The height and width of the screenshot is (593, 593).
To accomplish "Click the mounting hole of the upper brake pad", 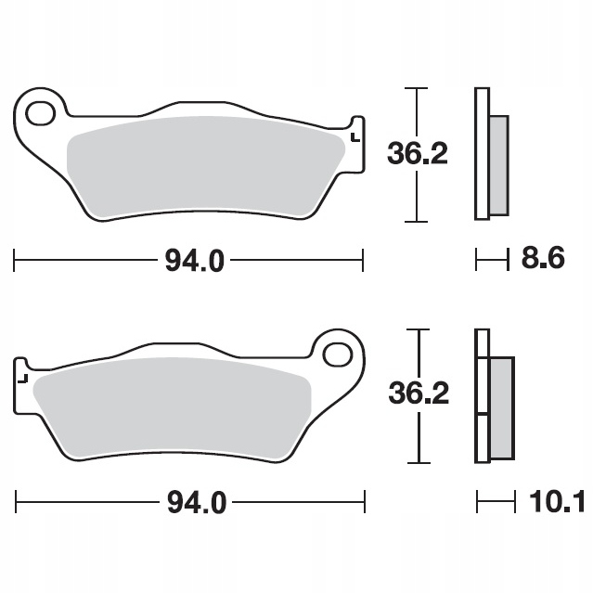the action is pos(41,113).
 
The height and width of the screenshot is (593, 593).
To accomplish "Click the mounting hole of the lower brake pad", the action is pos(338,355).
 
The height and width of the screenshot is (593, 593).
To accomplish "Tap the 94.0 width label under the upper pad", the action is pos(194,261).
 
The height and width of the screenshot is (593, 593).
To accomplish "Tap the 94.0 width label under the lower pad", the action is pos(197,503).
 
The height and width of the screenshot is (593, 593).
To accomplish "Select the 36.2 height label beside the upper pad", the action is pos(418,153).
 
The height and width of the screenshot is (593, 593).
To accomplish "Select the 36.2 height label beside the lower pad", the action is pos(419,393).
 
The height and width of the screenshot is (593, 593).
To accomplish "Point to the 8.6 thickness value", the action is pos(543,258).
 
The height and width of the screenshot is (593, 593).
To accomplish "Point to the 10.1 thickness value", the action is pos(557,501).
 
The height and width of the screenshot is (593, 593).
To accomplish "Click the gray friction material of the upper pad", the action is pos(204,166).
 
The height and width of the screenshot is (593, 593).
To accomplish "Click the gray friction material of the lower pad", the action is pos(172,407).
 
